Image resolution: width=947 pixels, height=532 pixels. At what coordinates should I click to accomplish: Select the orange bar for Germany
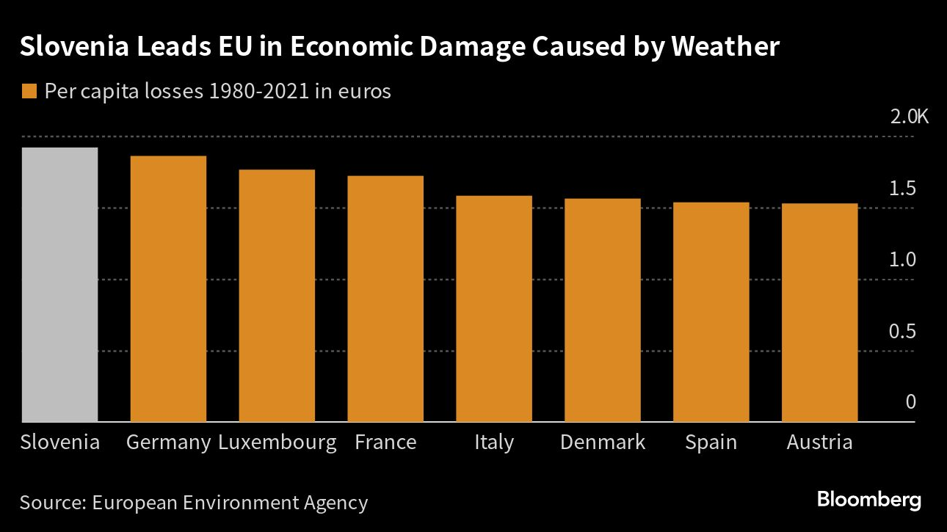pyautogui.click(x=168, y=289)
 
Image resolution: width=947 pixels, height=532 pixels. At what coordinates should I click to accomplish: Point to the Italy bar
pyautogui.click(x=494, y=309)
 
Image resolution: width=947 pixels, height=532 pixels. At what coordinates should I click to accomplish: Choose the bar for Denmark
pyautogui.click(x=603, y=310)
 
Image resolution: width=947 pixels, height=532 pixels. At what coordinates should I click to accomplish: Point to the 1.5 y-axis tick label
pyautogui.click(x=902, y=189)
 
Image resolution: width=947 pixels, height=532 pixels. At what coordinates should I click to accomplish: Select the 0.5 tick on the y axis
pyautogui.click(x=902, y=332)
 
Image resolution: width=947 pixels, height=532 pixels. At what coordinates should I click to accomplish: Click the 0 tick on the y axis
pyautogui.click(x=911, y=402)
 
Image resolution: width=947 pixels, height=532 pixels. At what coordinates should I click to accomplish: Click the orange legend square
pyautogui.click(x=29, y=92)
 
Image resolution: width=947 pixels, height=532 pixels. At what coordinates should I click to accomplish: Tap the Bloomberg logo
pyautogui.click(x=869, y=500)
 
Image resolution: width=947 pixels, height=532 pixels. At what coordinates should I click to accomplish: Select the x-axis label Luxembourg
pyautogui.click(x=277, y=442)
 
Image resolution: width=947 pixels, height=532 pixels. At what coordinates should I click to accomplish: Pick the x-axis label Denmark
pyautogui.click(x=603, y=442)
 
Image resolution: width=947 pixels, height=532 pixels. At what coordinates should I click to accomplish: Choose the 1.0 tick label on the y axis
pyautogui.click(x=902, y=260)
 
